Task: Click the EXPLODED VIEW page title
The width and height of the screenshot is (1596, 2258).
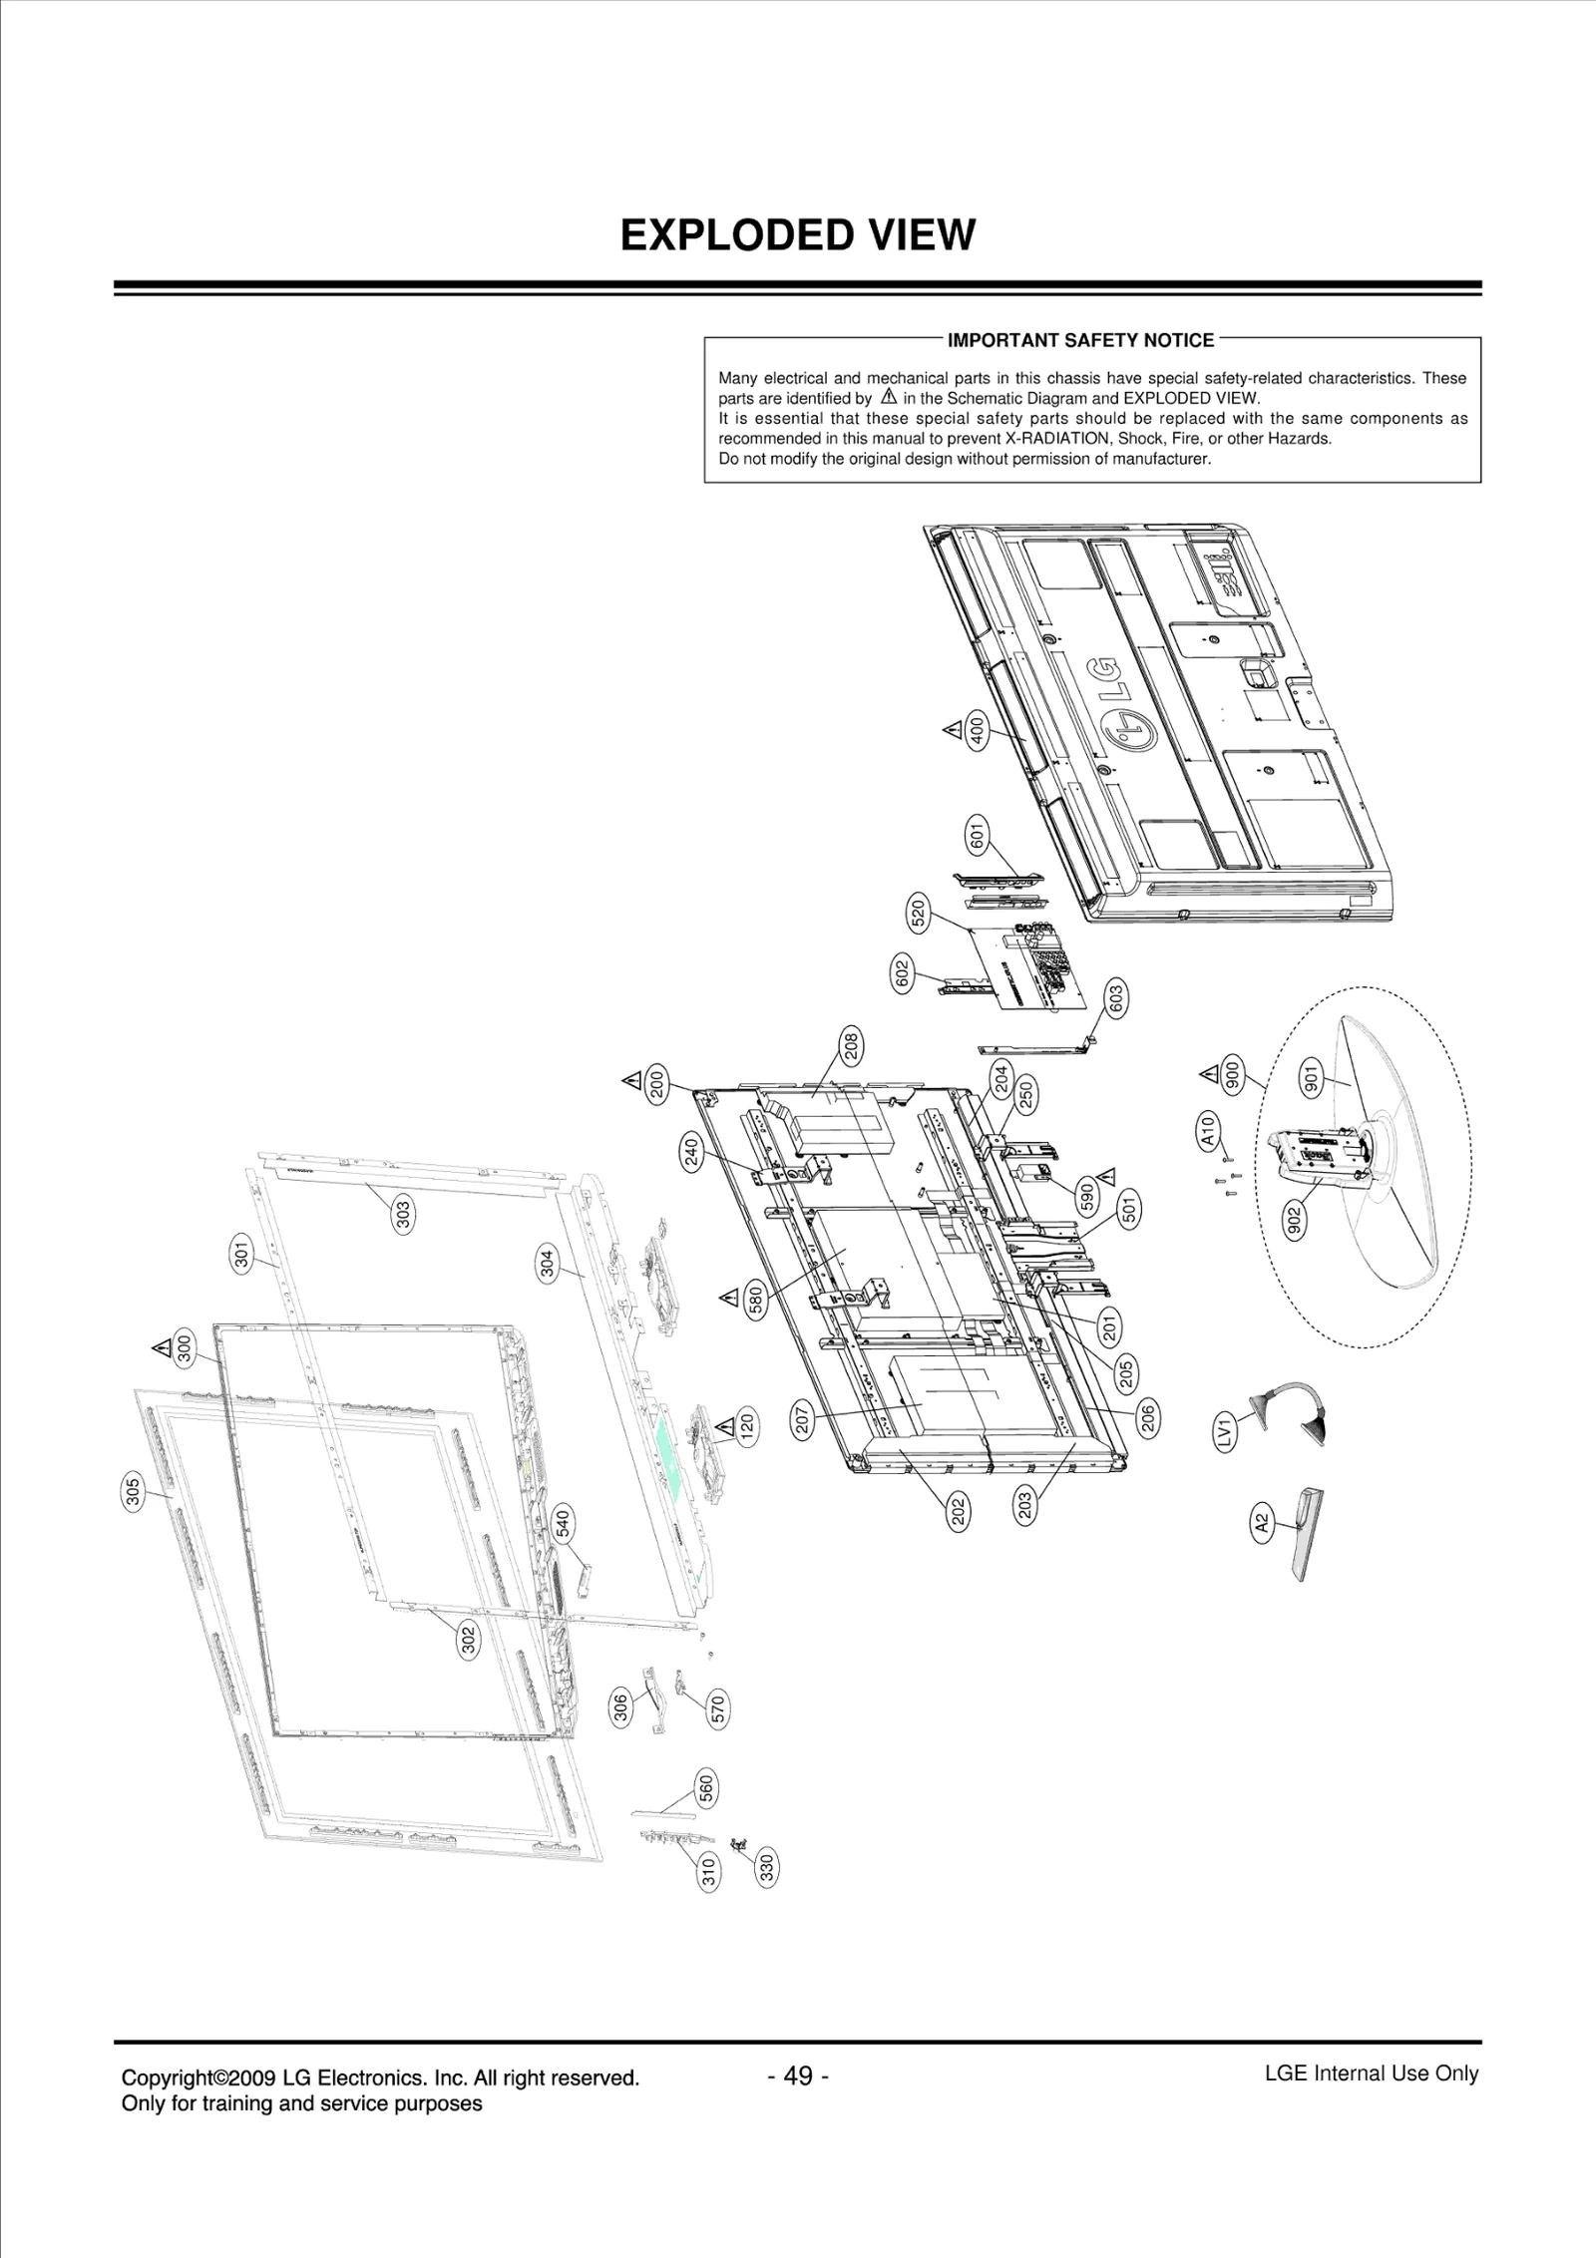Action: pyautogui.click(x=797, y=235)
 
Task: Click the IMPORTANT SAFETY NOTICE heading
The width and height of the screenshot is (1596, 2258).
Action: pyautogui.click(x=1080, y=340)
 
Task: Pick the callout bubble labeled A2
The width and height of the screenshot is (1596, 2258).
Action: pyautogui.click(x=1261, y=1552)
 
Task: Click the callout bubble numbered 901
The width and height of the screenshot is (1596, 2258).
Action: pyautogui.click(x=1312, y=1078)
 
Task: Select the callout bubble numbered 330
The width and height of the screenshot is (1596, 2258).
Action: pyautogui.click(x=767, y=1866)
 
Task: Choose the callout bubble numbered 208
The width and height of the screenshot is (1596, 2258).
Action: pyautogui.click(x=851, y=1046)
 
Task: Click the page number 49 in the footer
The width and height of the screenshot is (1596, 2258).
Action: pyautogui.click(x=797, y=2103)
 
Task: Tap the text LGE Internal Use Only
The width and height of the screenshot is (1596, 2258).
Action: pyautogui.click(x=1371, y=2101)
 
